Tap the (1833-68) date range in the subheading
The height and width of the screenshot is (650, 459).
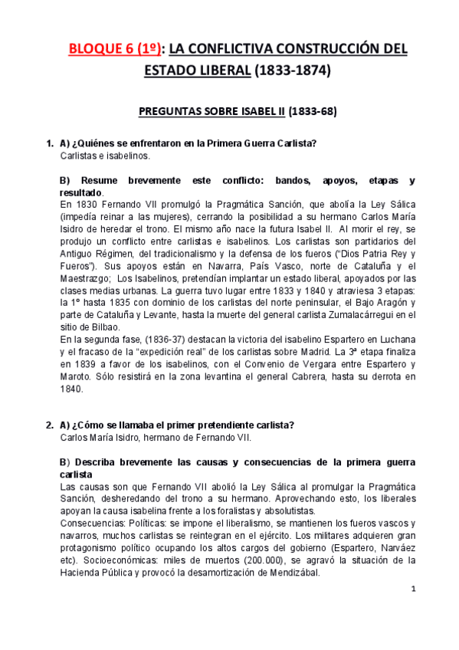pos(312,111)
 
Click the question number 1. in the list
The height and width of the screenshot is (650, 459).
pos(50,143)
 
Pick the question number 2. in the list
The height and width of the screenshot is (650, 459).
pos(50,425)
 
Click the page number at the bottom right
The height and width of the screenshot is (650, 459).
pos(413,589)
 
